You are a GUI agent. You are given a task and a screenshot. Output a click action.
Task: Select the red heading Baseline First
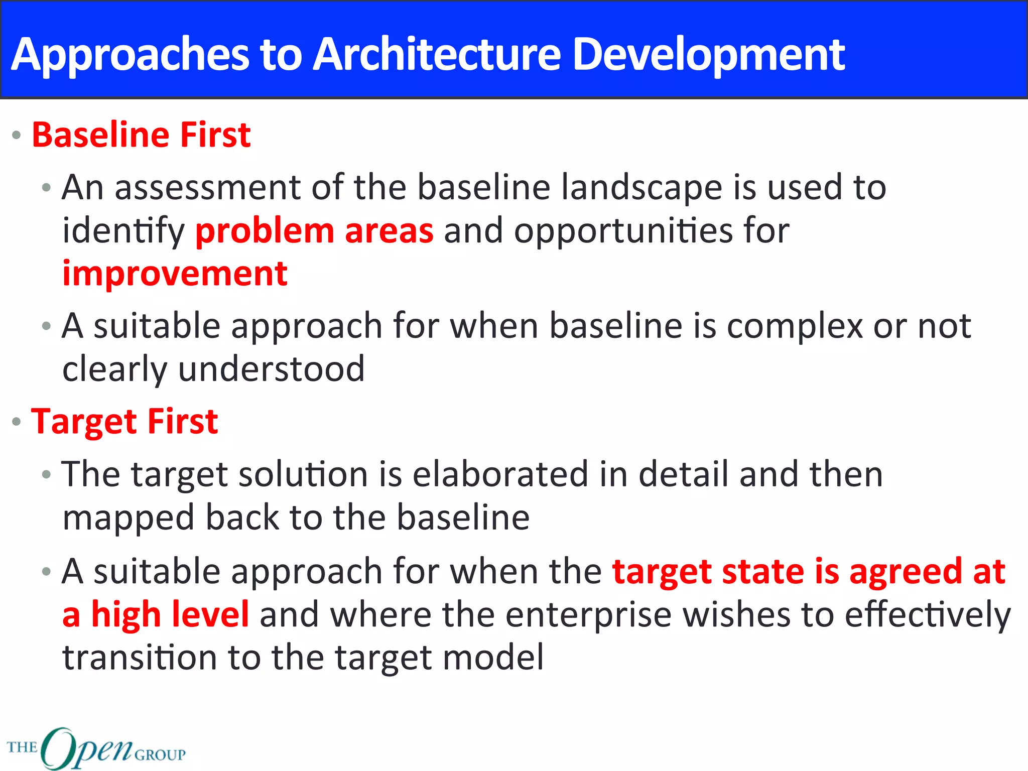coord(141,135)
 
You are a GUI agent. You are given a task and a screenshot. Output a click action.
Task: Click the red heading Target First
coord(124,421)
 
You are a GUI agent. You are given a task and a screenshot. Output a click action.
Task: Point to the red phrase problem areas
coord(314,231)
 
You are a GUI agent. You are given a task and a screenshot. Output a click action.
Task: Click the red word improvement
coord(175,274)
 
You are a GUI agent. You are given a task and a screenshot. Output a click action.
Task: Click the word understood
coord(271,369)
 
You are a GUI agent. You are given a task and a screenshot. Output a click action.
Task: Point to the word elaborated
coord(500,474)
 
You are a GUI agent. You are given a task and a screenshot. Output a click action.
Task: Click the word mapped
coord(128,519)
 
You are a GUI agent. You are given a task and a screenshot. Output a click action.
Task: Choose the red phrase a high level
coord(156,614)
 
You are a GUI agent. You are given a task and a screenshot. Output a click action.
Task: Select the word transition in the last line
coord(140,658)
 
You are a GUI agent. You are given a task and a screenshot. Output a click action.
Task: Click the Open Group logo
coord(96,748)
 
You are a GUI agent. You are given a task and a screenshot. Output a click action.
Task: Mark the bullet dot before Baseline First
coord(17,136)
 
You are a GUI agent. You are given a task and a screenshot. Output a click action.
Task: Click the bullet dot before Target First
coord(17,422)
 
